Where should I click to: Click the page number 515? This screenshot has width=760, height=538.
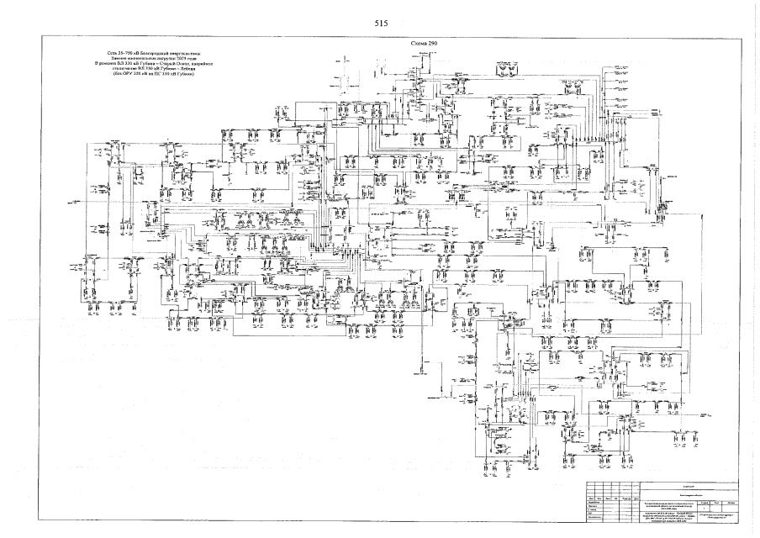point(380,24)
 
